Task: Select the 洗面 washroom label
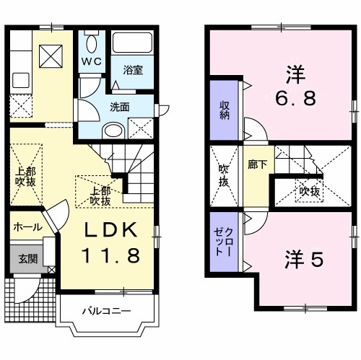click(x=119, y=107)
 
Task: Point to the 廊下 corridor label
click(x=256, y=164)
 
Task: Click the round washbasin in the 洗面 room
click(x=113, y=131)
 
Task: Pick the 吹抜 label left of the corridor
click(x=225, y=177)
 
